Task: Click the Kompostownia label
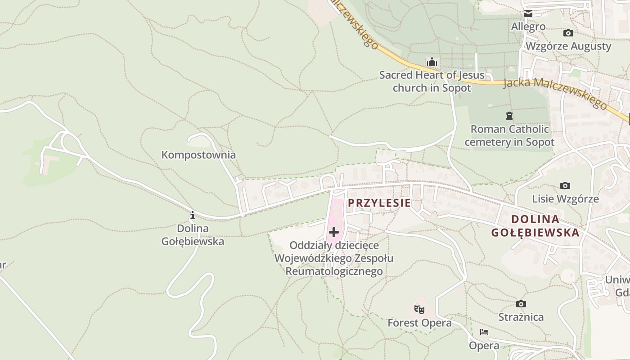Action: click(198, 155)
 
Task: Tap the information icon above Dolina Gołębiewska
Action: click(193, 215)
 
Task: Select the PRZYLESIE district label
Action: click(379, 203)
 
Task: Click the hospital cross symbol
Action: click(334, 232)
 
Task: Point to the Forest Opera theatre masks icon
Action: click(419, 309)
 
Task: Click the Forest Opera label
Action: click(419, 323)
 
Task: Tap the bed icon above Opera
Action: click(484, 332)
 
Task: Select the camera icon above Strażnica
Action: click(521, 304)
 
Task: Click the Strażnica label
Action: click(521, 317)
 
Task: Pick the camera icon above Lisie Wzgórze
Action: click(565, 185)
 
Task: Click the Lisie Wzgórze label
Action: click(565, 199)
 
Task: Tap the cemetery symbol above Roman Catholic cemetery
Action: click(509, 116)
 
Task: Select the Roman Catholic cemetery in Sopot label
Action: click(509, 135)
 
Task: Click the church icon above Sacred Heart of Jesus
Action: click(432, 61)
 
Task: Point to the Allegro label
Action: click(528, 27)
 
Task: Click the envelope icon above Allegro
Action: click(528, 14)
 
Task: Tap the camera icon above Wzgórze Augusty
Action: click(568, 33)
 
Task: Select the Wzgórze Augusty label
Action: click(568, 46)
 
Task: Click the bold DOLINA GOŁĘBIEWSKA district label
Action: click(535, 226)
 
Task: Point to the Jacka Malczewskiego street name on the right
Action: click(556, 93)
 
